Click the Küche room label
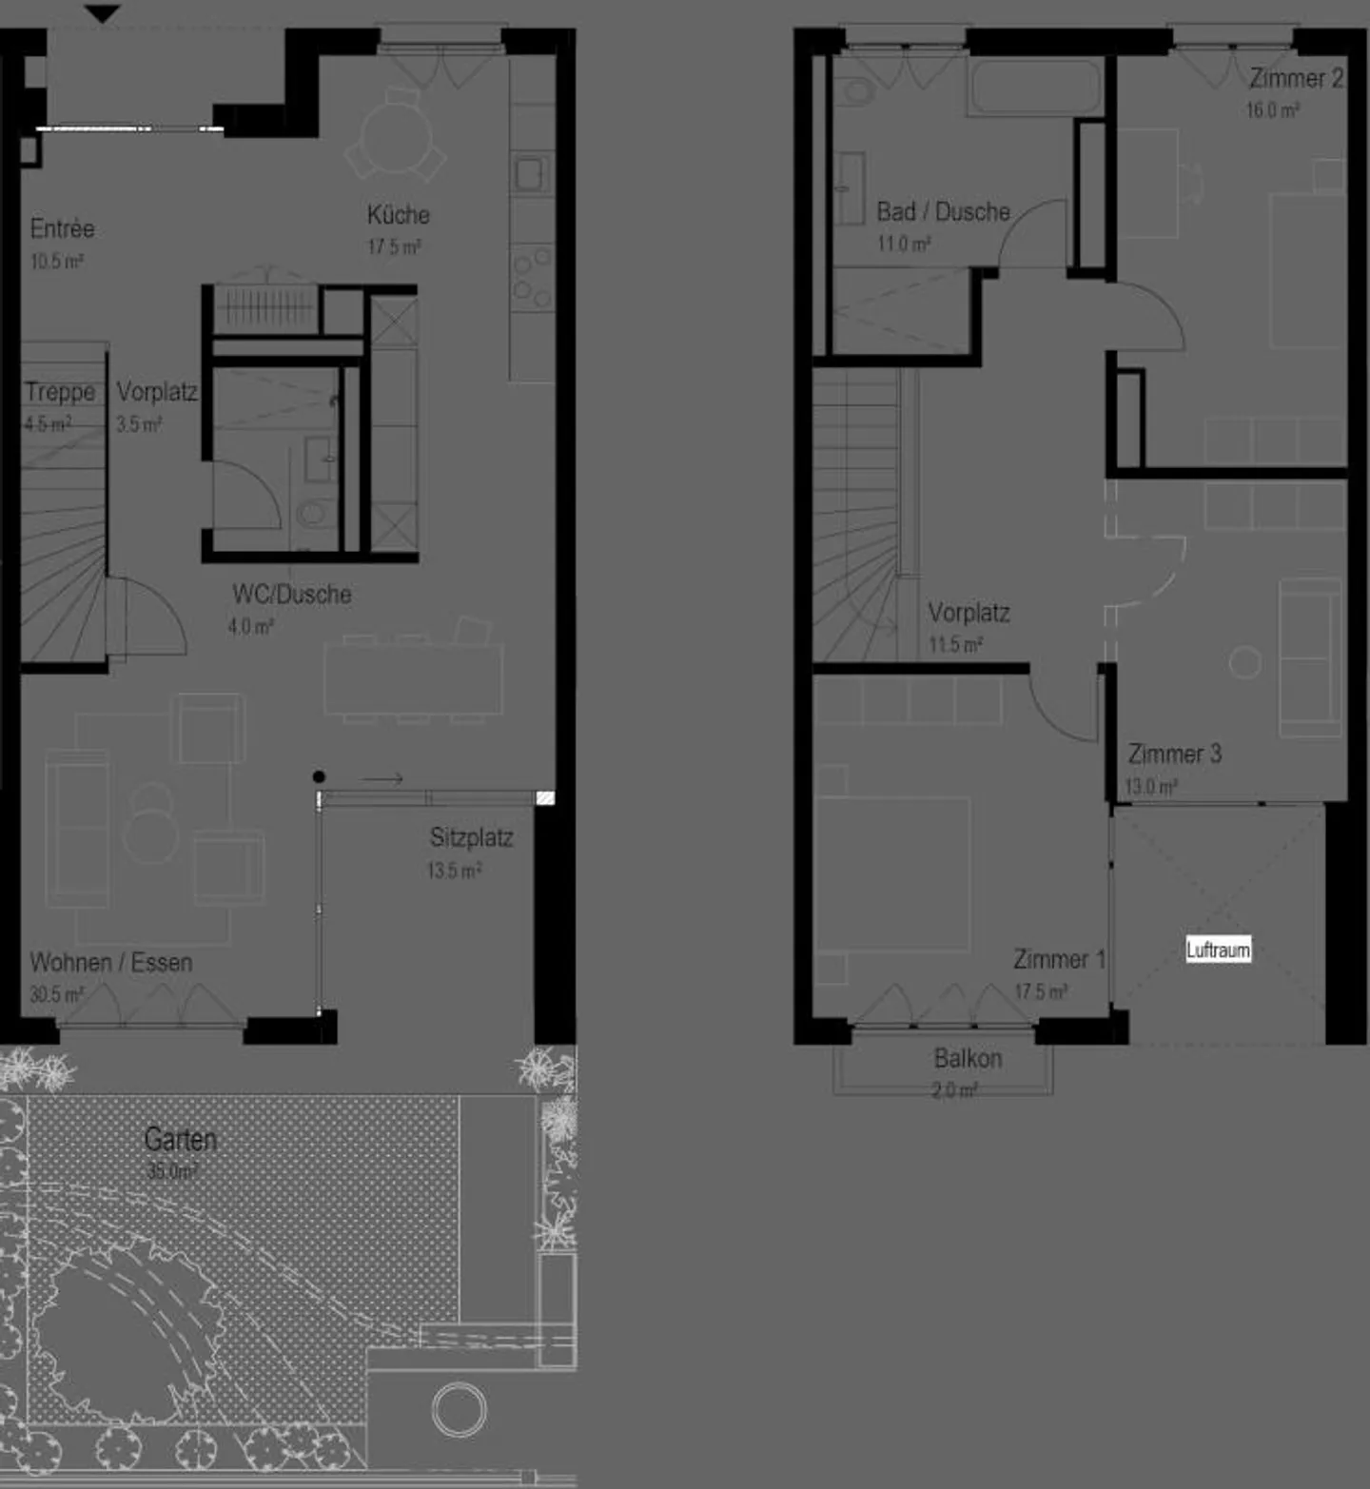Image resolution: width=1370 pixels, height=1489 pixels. tap(398, 215)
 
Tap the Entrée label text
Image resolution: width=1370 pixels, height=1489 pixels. tap(62, 229)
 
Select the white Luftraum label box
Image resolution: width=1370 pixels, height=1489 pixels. tap(1218, 950)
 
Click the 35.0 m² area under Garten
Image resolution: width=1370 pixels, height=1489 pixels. tap(172, 1172)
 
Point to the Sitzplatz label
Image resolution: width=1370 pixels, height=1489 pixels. tap(471, 838)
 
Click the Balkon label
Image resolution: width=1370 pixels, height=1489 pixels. tap(968, 1059)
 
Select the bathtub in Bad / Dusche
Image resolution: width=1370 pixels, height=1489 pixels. tap(1035, 88)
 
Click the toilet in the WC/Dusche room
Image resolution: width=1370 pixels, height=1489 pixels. tap(313, 515)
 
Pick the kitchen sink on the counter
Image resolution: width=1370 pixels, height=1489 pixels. tap(529, 174)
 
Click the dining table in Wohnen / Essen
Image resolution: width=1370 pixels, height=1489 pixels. tap(413, 678)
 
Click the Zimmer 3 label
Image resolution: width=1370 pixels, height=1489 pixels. tap(1174, 754)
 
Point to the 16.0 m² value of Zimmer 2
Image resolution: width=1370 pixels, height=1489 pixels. tap(1272, 110)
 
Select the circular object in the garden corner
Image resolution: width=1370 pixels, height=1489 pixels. tap(460, 1409)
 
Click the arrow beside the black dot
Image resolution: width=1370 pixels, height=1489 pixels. tap(382, 779)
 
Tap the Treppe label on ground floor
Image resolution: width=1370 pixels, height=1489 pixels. tap(60, 392)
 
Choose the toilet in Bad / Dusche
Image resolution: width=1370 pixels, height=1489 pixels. tap(858, 92)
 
